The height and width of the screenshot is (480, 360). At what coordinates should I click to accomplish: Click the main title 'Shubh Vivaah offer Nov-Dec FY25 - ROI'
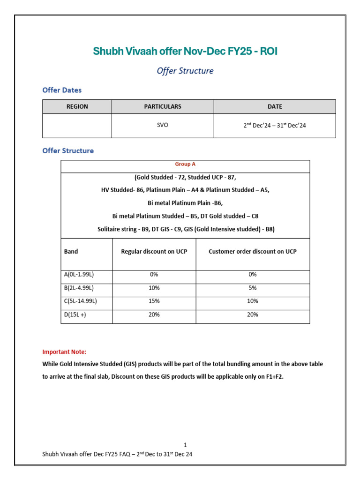tap(185, 51)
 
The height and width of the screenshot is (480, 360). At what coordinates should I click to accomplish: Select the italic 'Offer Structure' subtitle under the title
tap(185, 71)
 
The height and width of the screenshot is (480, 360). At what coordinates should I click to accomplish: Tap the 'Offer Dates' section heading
tap(62, 90)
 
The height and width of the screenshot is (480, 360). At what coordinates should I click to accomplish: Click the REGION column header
tap(77, 106)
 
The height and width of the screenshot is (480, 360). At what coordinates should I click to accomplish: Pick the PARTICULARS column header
tap(163, 106)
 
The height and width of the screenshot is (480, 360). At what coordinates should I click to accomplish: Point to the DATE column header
tap(275, 106)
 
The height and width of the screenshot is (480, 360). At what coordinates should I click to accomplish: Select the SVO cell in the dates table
tap(163, 126)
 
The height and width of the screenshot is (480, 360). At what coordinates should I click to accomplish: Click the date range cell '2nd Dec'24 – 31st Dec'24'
tap(275, 126)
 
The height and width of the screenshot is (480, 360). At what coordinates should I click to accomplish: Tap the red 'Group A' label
tap(185, 164)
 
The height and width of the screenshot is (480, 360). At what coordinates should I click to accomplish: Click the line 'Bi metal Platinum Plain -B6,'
tap(185, 203)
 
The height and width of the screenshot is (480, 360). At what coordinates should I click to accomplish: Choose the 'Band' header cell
tap(71, 251)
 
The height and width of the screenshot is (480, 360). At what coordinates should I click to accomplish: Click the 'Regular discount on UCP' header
tap(154, 251)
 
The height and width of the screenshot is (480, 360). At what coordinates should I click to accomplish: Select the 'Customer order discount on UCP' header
tap(252, 251)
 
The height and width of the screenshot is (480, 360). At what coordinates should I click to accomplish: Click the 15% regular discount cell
tap(154, 301)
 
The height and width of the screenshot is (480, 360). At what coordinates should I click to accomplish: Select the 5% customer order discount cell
tap(252, 288)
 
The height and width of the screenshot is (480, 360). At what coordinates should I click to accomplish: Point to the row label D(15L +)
tap(75, 315)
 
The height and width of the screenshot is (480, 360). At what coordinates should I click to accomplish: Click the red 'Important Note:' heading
tap(64, 352)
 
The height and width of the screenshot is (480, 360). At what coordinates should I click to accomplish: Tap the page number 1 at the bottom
tap(185, 444)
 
